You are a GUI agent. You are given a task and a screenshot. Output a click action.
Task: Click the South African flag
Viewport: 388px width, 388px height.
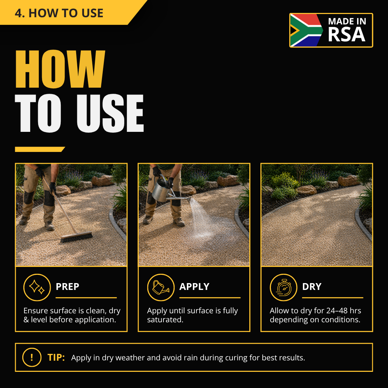[306, 30]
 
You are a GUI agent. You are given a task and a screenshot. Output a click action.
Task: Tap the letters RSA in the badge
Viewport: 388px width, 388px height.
[346, 34]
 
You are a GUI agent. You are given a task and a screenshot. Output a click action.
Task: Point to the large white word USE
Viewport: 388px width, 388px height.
[110, 113]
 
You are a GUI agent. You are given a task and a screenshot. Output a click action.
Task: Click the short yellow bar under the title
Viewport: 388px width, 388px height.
[40, 149]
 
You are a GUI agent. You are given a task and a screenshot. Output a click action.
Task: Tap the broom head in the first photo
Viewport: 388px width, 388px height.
[77, 237]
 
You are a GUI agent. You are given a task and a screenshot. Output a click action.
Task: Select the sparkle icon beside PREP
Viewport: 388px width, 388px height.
[37, 287]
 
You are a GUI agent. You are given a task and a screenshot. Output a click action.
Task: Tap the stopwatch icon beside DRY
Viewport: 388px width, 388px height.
[283, 287]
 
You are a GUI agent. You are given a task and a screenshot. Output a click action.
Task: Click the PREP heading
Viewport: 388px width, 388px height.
[67, 287]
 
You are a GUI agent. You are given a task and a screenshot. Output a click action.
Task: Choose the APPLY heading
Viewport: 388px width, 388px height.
[194, 287]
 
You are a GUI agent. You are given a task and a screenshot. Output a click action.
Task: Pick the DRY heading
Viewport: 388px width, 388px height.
[312, 287]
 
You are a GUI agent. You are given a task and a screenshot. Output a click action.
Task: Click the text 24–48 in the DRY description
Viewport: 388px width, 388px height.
[337, 310]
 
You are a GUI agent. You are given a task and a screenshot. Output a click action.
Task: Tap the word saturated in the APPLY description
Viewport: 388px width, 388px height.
[165, 320]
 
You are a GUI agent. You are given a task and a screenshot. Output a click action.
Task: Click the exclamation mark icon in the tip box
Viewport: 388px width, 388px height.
[32, 357]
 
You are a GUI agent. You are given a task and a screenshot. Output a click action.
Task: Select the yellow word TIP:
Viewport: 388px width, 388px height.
[56, 357]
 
